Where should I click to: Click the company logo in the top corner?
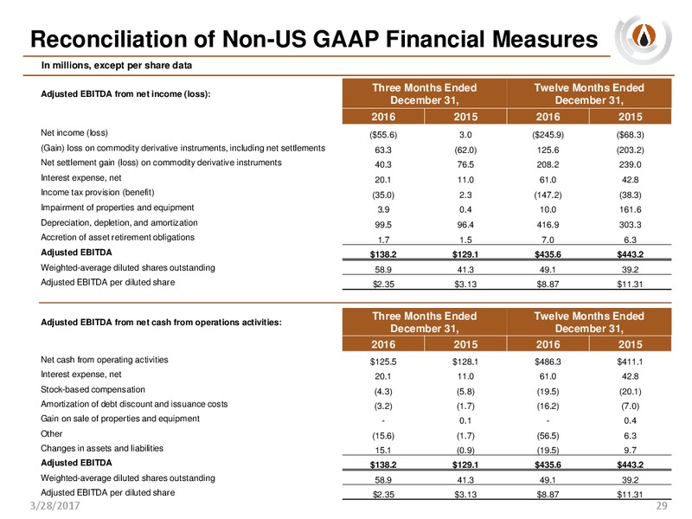point(643,40)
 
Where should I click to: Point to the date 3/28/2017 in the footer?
point(54,505)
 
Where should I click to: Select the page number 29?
point(661,505)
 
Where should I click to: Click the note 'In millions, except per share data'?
point(117,66)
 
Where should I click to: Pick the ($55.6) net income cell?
point(383,135)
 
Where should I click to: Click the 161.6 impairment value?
point(630,209)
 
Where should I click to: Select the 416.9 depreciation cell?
point(548,225)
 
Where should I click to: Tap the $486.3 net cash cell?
point(548,362)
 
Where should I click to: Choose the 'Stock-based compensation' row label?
point(93,389)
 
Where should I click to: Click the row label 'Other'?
point(52,433)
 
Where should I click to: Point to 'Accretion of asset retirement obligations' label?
point(118,237)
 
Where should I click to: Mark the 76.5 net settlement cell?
point(465,164)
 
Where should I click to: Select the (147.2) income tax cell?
point(548,195)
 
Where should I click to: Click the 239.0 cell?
point(630,164)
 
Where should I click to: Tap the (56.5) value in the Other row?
point(548,436)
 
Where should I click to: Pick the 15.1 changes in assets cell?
point(383,450)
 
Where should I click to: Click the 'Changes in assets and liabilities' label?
point(102,448)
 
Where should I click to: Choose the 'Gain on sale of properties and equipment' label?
point(120,419)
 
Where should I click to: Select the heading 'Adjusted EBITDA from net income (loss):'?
point(125,94)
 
